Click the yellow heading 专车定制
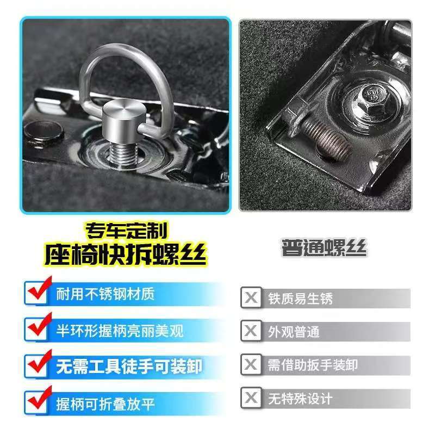click(x=127, y=231)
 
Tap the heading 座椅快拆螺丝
click(x=126, y=254)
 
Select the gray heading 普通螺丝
click(x=324, y=247)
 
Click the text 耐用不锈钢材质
click(x=105, y=294)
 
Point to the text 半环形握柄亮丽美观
click(x=120, y=331)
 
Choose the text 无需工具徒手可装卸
click(x=129, y=366)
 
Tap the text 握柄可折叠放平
click(x=105, y=404)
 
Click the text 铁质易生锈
click(x=300, y=299)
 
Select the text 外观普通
click(x=294, y=332)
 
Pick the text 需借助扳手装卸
click(x=313, y=365)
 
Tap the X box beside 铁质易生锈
click(x=251, y=297)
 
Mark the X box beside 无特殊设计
click(x=251, y=398)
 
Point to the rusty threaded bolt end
click(x=327, y=140)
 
